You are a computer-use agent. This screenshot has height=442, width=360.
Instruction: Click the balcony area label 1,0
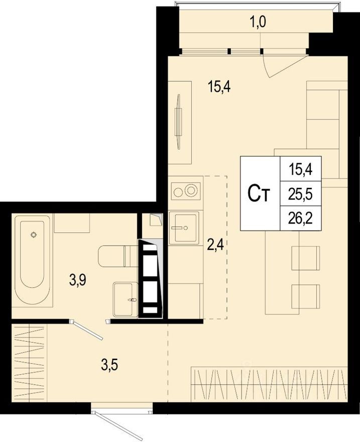pyautogui.click(x=258, y=22)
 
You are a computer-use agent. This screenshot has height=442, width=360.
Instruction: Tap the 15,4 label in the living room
pyautogui.click(x=219, y=86)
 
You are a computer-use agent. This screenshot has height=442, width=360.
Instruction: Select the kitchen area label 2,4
pyautogui.click(x=215, y=245)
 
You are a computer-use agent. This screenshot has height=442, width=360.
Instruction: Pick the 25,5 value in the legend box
pyautogui.click(x=301, y=194)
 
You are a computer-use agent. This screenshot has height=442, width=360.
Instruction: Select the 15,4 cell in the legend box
pyautogui.click(x=301, y=170)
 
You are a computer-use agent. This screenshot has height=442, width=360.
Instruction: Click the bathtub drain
pyautogui.click(x=34, y=234)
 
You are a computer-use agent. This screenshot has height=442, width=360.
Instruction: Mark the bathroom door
pyautogui.click(x=87, y=330)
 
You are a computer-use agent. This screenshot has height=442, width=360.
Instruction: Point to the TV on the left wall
pyautogui.click(x=178, y=122)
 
